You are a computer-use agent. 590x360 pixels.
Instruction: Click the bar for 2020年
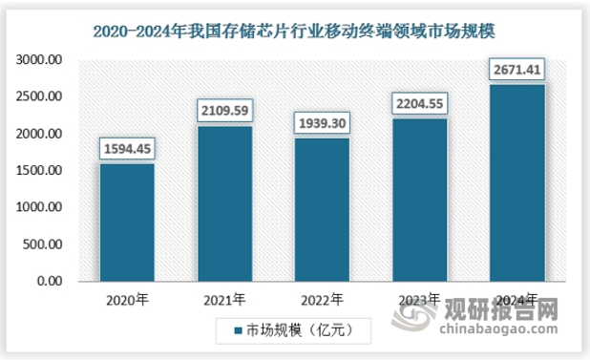point(127,222)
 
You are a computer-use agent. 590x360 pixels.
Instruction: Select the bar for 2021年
point(224,203)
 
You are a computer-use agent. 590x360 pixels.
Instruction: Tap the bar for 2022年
point(322,209)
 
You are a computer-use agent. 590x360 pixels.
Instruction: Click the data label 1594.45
point(127,149)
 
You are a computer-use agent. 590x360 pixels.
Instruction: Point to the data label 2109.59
point(224,111)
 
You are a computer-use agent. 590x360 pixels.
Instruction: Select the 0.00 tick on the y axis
point(48,282)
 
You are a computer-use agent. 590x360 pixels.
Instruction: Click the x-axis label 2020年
point(127,299)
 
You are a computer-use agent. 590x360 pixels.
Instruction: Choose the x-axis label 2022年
point(322,299)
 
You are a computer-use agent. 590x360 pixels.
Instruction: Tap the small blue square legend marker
point(241,331)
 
